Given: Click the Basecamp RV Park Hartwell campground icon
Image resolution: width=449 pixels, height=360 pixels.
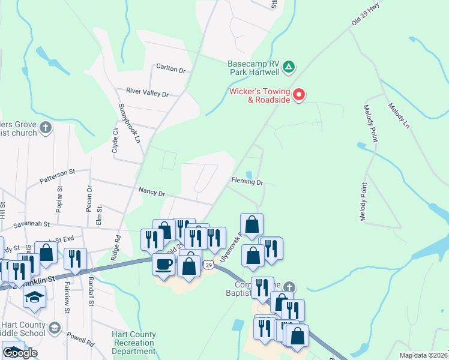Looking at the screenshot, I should [x=289, y=66].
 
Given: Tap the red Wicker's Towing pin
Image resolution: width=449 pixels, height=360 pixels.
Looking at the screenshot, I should [x=299, y=95].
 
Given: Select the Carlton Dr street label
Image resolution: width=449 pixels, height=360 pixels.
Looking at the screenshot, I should [x=171, y=69].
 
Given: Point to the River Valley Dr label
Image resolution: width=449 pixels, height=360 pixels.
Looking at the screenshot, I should [x=148, y=94].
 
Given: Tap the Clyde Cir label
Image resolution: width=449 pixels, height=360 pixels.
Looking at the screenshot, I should [x=115, y=140].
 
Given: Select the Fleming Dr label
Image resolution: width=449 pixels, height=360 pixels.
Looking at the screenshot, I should [x=247, y=181].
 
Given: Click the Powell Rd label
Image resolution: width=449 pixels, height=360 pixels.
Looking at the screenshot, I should [x=80, y=339].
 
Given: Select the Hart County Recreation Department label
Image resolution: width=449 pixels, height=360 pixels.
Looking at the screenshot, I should [x=134, y=343].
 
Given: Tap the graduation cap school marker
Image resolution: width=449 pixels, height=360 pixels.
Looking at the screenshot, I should [x=35, y=296].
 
